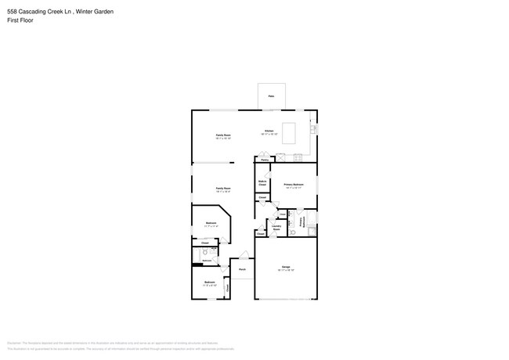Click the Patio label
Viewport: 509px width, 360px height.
pyautogui.click(x=272, y=96)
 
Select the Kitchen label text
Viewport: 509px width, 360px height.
pyautogui.click(x=269, y=131)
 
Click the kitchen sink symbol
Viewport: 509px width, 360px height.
pyautogui.click(x=313, y=128)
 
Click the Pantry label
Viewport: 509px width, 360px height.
pyautogui.click(x=265, y=160)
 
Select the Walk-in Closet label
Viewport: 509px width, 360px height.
pyautogui.click(x=262, y=183)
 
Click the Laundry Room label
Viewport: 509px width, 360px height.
pyautogui.click(x=276, y=229)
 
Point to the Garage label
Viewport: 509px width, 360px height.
pyautogui.click(x=286, y=268)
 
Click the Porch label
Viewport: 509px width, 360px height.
pyautogui.click(x=242, y=269)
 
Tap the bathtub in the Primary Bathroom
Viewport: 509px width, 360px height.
pyautogui.click(x=311, y=229)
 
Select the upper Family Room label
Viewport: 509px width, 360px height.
pyautogui.click(x=223, y=135)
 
